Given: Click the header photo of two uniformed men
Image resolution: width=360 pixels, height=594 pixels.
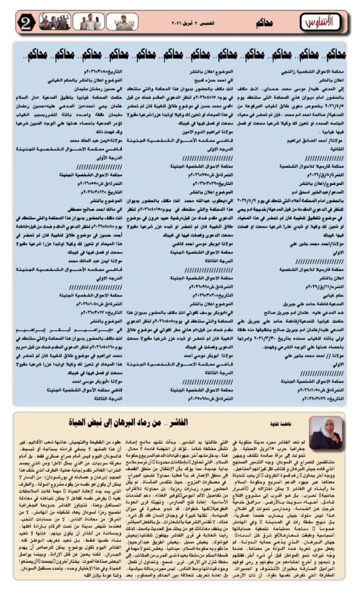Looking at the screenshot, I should tap(90, 23).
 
